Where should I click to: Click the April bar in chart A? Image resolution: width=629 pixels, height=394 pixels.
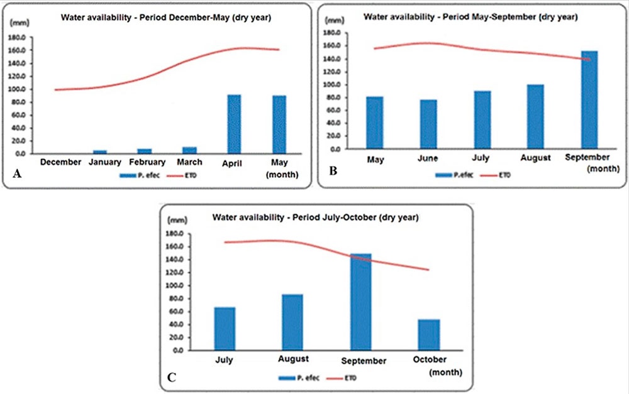233,124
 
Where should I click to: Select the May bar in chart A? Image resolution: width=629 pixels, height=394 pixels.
279,124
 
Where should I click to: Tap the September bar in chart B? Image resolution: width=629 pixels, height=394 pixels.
589,100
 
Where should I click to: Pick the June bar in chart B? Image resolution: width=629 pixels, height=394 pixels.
429,124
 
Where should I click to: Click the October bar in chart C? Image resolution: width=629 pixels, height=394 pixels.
430,334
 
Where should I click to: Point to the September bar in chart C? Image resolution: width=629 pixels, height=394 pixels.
362,302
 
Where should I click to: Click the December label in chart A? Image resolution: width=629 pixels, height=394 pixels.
60,162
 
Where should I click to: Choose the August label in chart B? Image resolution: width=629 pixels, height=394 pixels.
535,157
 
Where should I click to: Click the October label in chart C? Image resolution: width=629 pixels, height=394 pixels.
431,359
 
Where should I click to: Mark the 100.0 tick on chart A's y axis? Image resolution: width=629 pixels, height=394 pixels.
20,89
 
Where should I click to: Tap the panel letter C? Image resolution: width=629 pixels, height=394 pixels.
171,378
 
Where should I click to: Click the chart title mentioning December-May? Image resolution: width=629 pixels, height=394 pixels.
165,18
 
